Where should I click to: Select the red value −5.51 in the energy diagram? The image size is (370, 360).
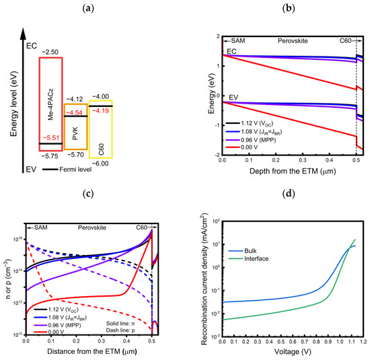(x=50, y=135)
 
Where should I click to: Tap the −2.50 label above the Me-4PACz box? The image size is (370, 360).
(x=50, y=52)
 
